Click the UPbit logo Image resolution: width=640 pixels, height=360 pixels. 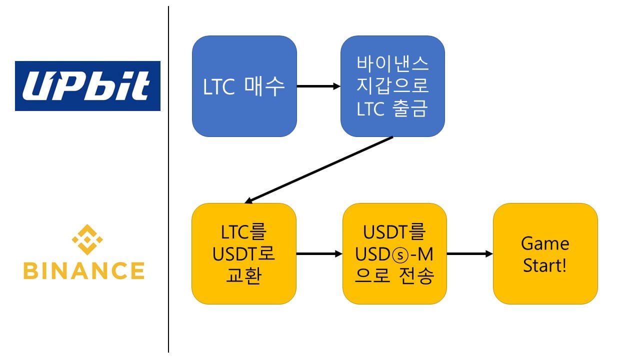tap(87, 86)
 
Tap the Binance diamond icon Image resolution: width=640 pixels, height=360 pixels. tap(87, 240)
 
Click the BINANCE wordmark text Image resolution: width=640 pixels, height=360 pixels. tap(83, 270)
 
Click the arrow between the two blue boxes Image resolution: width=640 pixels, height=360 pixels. tap(318, 86)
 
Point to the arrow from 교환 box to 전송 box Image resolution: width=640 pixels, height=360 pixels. tap(319, 254)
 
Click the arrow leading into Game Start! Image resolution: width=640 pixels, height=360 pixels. tap(469, 254)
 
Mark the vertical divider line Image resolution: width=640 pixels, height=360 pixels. tap(168, 180)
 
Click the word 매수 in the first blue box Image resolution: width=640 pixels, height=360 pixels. tap(264, 86)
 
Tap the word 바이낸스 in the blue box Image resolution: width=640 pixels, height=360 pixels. tap(392, 64)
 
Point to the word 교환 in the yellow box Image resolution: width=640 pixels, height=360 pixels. tap(244, 275)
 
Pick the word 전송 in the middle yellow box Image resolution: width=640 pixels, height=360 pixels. tap(416, 275)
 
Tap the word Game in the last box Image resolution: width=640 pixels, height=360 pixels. tap(545, 243)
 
